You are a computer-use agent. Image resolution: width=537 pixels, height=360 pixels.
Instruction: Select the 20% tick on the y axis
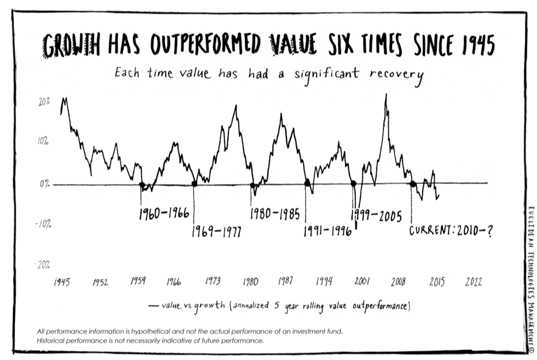tap(44, 101)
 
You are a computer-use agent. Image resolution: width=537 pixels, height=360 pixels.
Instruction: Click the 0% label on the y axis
tap(45, 184)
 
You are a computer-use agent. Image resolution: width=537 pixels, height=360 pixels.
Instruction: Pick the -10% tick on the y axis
tap(43, 224)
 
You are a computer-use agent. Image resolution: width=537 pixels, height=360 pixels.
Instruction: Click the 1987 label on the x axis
tap(286, 282)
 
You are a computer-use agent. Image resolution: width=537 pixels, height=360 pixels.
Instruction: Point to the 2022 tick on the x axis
tap(474, 282)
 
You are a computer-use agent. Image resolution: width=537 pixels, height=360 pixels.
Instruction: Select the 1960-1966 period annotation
tap(164, 215)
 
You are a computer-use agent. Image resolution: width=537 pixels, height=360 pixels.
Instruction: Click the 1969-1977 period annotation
tap(216, 232)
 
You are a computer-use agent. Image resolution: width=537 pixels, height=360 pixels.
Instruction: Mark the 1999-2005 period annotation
tap(376, 216)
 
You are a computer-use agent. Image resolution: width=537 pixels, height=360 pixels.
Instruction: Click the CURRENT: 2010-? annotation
tap(451, 232)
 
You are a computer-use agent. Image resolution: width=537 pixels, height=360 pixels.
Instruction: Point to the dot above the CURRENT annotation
tap(412, 184)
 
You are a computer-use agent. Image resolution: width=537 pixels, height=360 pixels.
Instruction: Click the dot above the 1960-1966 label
tap(141, 185)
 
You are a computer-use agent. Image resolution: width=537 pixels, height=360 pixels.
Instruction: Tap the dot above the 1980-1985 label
tap(253, 185)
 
